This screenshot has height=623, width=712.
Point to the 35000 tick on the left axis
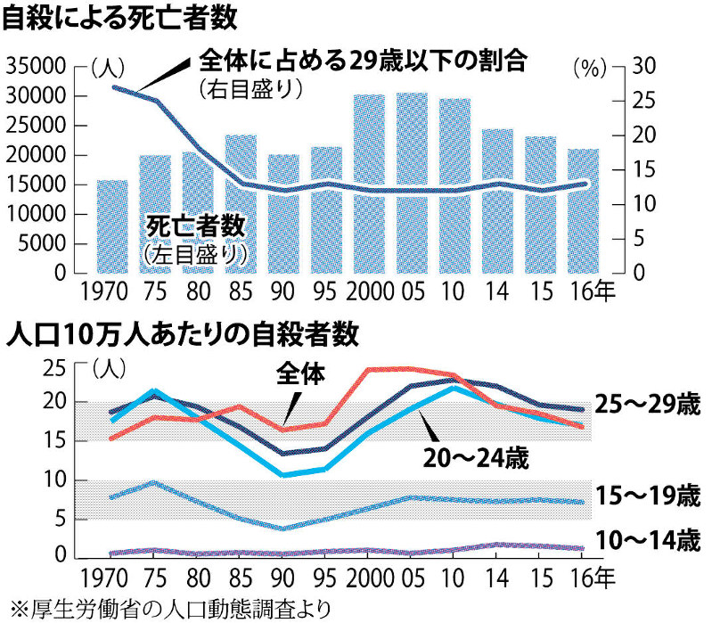(36, 67)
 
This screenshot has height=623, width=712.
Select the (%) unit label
(588, 67)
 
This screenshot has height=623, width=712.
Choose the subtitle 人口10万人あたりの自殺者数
(182, 336)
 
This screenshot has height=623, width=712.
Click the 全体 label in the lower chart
(300, 373)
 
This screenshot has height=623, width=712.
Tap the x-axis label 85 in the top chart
(241, 292)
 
